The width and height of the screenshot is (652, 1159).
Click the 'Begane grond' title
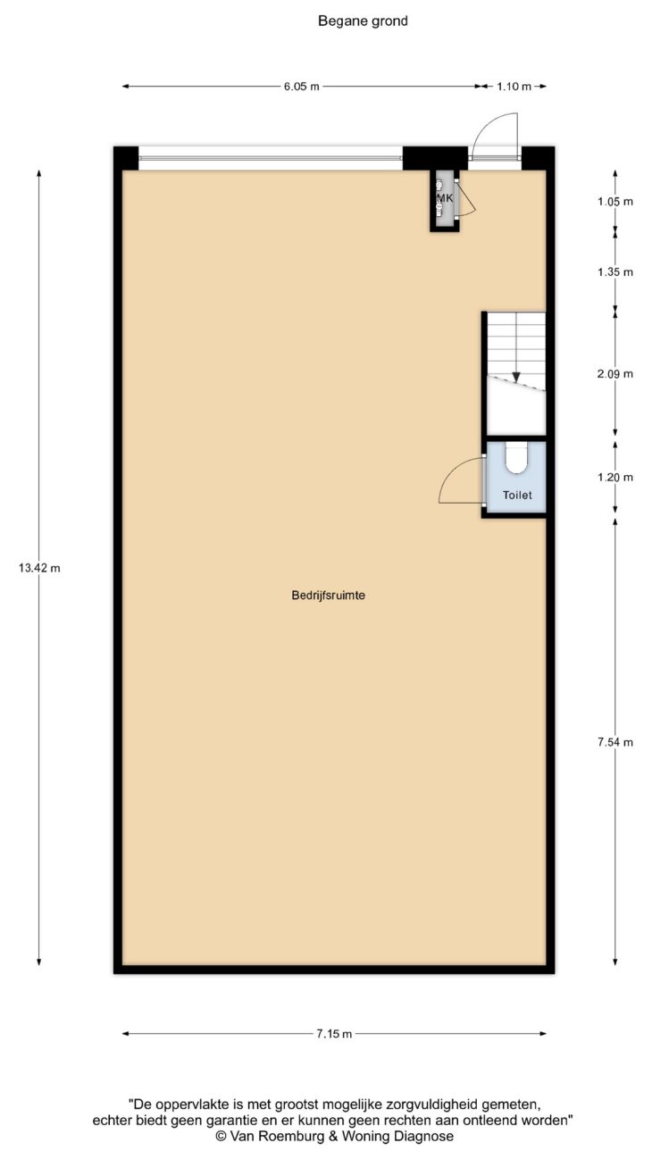(363, 21)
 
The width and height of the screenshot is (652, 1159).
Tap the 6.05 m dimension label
(302, 87)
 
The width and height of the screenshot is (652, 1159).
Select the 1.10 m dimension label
(514, 87)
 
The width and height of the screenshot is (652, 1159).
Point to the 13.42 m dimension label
(39, 568)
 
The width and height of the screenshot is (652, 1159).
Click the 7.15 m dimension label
(334, 1034)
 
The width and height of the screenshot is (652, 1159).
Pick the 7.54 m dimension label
(615, 742)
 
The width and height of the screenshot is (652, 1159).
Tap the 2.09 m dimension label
(615, 373)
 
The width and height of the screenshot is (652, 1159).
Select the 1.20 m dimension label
(615, 477)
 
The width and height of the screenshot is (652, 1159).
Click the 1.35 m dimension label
(615, 271)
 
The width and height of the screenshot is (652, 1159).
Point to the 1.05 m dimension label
(615, 201)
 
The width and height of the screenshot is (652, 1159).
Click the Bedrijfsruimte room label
(329, 595)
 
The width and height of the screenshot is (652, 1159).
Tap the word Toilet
(517, 496)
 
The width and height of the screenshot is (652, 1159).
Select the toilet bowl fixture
(516, 458)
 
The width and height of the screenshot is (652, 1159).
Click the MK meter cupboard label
(445, 197)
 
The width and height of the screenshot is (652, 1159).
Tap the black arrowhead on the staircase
(516, 377)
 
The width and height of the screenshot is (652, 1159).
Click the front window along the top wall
(270, 158)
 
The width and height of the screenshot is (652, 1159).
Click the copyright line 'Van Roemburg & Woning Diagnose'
(334, 1136)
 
